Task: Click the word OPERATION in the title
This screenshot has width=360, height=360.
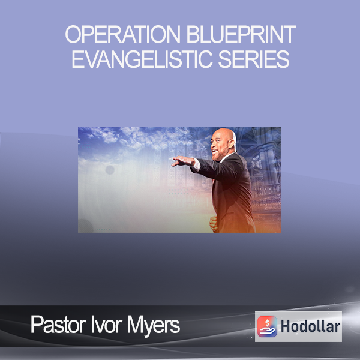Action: (x=123, y=34)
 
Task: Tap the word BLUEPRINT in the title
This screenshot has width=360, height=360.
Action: (x=241, y=34)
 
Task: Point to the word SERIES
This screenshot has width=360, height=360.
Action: (x=253, y=59)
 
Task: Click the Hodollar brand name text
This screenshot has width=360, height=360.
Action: (x=310, y=326)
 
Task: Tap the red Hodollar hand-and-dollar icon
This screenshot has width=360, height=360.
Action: (x=267, y=326)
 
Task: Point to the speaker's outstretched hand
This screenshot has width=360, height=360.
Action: (x=183, y=161)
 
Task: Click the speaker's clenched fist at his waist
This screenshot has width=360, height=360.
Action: (x=213, y=223)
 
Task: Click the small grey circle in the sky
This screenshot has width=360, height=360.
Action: (x=110, y=170)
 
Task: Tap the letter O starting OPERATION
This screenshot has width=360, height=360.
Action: (x=73, y=34)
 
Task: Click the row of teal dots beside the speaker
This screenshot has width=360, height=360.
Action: (x=178, y=191)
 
